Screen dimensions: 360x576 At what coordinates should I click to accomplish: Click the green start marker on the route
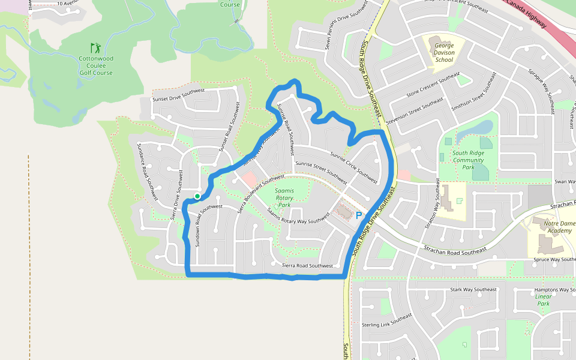pyautogui.click(x=197, y=196)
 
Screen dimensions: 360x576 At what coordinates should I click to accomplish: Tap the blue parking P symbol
pyautogui.click(x=359, y=215)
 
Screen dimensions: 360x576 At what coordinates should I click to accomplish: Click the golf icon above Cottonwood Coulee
pyautogui.click(x=95, y=47)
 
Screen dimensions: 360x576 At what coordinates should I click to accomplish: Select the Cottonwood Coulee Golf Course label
pyautogui.click(x=96, y=66)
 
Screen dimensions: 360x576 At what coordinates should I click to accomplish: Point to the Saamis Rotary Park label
pyautogui.click(x=284, y=197)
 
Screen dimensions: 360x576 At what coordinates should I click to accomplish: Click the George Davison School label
pyautogui.click(x=444, y=53)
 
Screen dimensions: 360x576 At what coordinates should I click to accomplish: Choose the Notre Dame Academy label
pyautogui.click(x=551, y=227)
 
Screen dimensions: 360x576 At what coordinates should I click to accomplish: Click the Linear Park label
pyautogui.click(x=544, y=300)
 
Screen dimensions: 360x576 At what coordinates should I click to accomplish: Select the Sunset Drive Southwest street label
pyautogui.click(x=179, y=95)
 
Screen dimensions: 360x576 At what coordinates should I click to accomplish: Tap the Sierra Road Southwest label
pyautogui.click(x=307, y=265)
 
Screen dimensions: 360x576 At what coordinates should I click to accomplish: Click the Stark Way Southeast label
pyautogui.click(x=473, y=290)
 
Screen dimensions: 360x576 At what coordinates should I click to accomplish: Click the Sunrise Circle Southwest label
pyautogui.click(x=354, y=167)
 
